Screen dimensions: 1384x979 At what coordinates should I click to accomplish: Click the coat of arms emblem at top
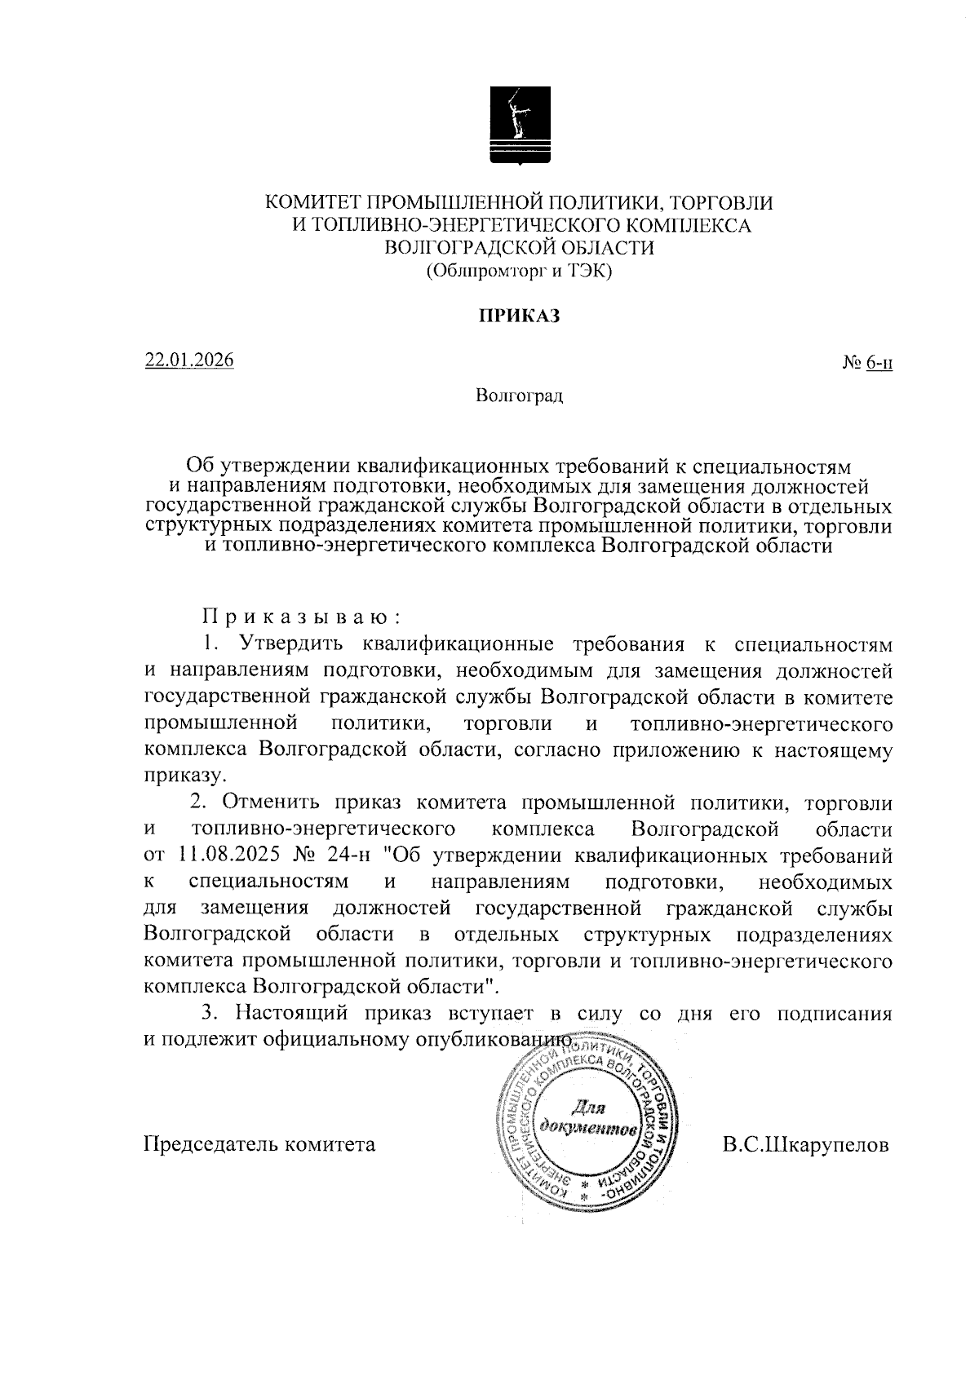(518, 124)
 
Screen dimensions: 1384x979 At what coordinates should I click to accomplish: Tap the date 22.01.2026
(189, 360)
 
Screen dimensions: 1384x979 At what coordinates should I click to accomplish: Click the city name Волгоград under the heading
(519, 397)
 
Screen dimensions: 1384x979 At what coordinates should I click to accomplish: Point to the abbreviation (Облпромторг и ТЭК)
(518, 271)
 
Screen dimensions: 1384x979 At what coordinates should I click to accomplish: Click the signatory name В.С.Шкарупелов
(805, 1145)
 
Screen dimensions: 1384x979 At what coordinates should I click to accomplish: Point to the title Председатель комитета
(259, 1145)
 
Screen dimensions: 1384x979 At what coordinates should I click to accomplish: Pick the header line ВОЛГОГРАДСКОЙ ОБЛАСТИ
(518, 247)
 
